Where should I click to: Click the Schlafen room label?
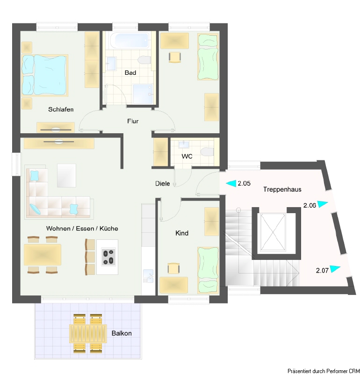61,109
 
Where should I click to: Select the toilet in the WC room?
207,152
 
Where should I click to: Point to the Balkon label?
122,333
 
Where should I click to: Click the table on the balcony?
88,333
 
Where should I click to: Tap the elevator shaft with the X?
273,232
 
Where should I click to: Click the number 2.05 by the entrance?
244,183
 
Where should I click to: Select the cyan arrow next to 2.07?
335,268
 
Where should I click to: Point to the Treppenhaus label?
282,189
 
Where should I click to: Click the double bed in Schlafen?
45,75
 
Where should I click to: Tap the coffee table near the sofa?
66,175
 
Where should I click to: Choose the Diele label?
162,183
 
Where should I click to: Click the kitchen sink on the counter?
148,276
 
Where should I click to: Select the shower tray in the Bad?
143,94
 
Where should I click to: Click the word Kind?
182,233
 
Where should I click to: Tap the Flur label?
133,121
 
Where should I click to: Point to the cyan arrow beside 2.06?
323,204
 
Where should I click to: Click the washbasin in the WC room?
184,144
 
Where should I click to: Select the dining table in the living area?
43,255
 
